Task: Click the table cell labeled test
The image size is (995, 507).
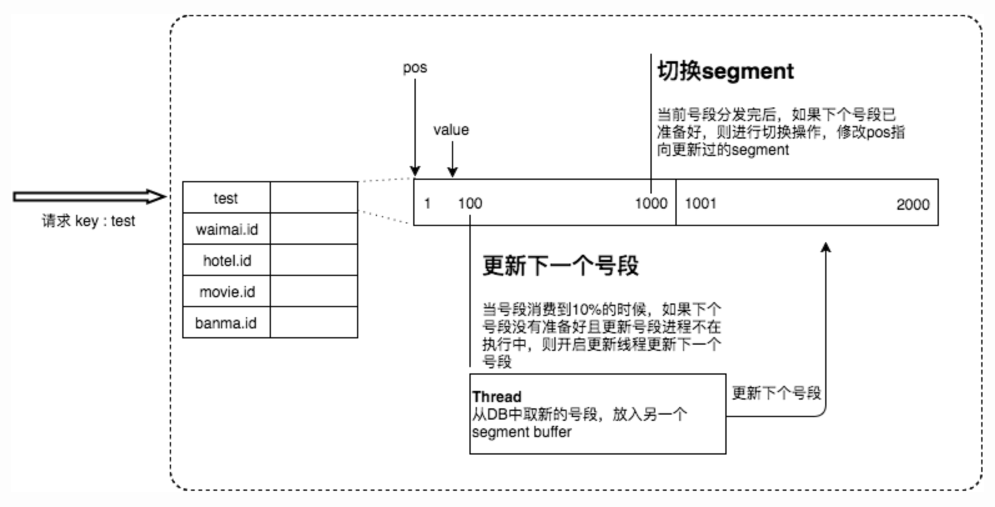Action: [x=226, y=197]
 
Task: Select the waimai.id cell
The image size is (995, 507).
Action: [x=226, y=229]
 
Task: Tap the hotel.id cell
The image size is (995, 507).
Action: [x=226, y=260]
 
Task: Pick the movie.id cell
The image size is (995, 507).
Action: [x=226, y=291]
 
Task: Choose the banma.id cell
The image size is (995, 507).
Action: [x=226, y=322]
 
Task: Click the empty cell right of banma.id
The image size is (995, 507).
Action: [x=313, y=322]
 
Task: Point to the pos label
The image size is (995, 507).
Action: [x=415, y=67]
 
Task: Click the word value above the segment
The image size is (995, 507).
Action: [x=451, y=130]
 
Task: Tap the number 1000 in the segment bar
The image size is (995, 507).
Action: [x=651, y=204]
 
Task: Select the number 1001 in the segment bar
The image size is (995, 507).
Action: [x=700, y=204]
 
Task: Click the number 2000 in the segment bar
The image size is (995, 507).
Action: [x=913, y=204]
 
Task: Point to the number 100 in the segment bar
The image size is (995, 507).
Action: [x=470, y=204]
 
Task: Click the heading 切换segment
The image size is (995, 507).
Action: [x=725, y=71]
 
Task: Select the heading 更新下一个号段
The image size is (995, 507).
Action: [x=561, y=265]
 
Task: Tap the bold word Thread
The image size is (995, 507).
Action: [x=497, y=396]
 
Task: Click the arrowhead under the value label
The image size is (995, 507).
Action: [x=452, y=172]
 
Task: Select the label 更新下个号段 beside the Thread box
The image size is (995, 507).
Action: [x=776, y=393]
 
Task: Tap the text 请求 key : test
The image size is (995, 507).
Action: [x=89, y=221]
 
